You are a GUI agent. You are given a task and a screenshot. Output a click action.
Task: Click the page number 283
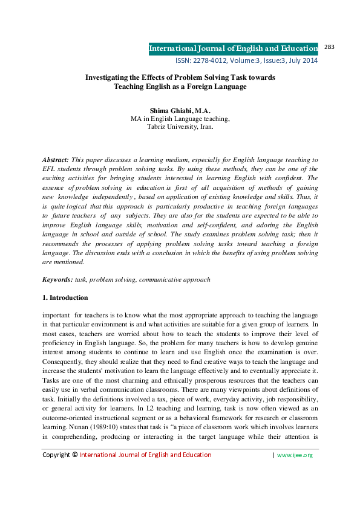(x=330, y=47)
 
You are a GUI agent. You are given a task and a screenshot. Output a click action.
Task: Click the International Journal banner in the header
(x=233, y=48)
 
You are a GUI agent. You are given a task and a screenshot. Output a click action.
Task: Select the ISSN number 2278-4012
(x=211, y=61)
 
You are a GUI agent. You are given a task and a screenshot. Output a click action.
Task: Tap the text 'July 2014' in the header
(x=303, y=61)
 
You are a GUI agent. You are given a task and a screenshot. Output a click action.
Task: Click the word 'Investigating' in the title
(x=108, y=77)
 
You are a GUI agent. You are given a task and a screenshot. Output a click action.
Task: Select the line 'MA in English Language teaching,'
(x=180, y=119)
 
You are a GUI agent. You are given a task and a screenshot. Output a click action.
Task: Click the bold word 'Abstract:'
(x=56, y=158)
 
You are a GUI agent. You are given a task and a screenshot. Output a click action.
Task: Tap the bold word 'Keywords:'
(x=57, y=279)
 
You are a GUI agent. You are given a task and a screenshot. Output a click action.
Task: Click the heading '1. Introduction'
(x=65, y=297)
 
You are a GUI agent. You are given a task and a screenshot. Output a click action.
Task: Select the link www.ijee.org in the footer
(x=295, y=472)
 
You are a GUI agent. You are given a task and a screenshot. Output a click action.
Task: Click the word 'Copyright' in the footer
(x=55, y=472)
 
